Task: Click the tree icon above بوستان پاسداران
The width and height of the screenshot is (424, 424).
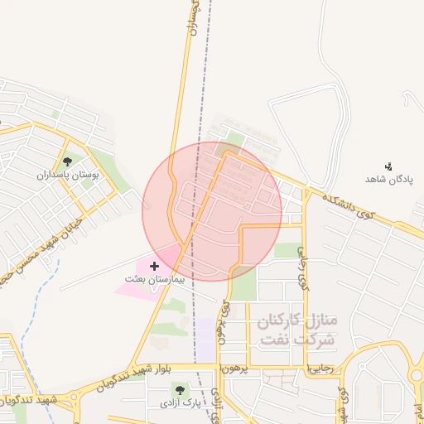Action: tap(67, 161)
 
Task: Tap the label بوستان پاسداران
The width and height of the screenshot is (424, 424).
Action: tap(67, 175)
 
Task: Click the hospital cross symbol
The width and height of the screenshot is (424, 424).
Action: tap(155, 266)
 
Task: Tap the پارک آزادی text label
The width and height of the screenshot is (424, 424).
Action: tap(181, 403)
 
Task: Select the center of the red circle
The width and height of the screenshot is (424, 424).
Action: tap(212, 211)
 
